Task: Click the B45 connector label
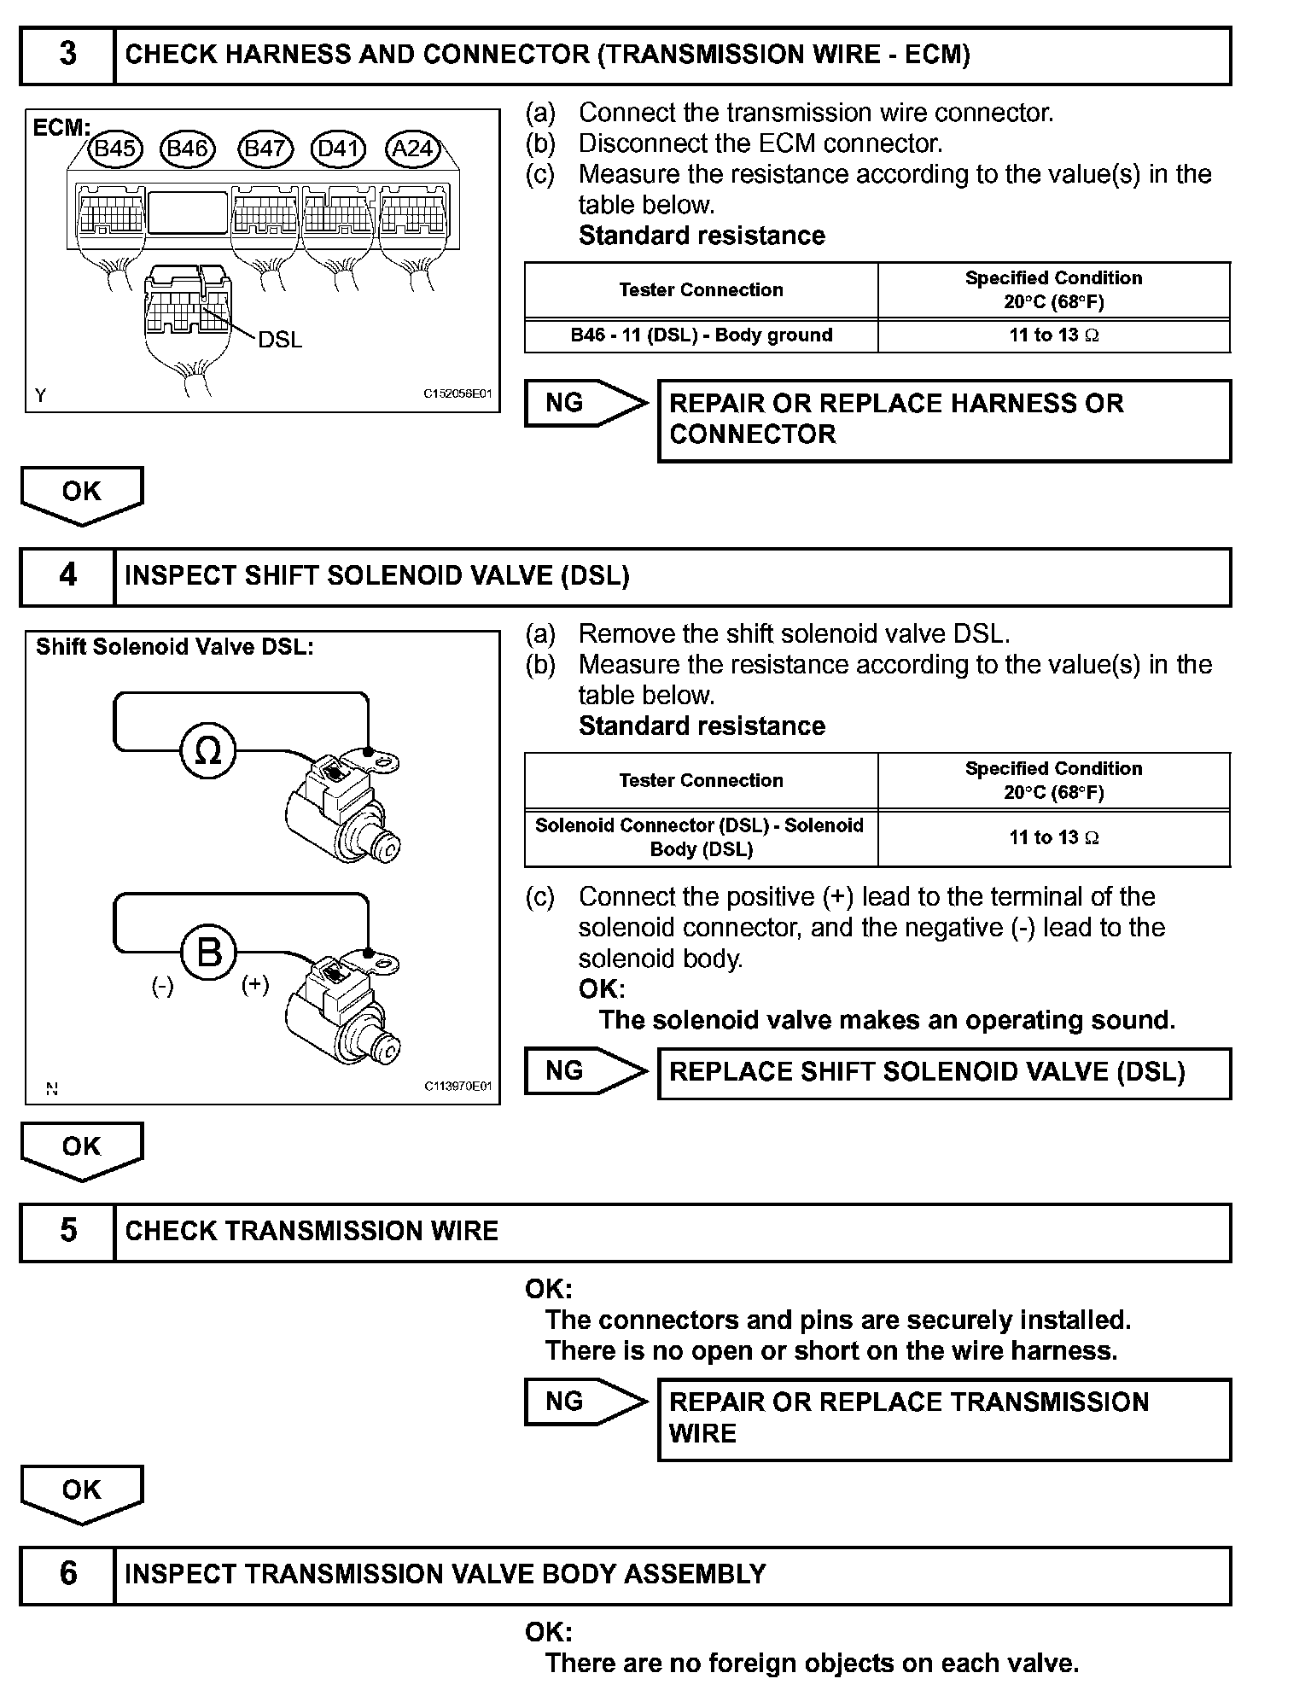(114, 149)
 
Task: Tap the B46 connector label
(188, 149)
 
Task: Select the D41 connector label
(338, 149)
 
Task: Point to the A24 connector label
(412, 149)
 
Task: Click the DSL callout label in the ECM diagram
(280, 340)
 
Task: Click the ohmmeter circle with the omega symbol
(207, 751)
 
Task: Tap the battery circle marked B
(209, 952)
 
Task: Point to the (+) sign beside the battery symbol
(255, 985)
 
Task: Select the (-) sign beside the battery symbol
(162, 987)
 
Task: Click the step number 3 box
(67, 55)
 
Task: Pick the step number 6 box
(67, 1573)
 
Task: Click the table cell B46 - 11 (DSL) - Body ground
(701, 335)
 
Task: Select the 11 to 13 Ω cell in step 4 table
(1054, 838)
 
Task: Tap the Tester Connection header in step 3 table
(701, 290)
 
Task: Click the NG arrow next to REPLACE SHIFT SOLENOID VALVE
(585, 1072)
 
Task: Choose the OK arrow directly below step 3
(81, 494)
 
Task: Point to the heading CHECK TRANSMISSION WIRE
(312, 1231)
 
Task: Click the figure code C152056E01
(458, 394)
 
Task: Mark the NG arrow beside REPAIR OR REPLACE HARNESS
(585, 403)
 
